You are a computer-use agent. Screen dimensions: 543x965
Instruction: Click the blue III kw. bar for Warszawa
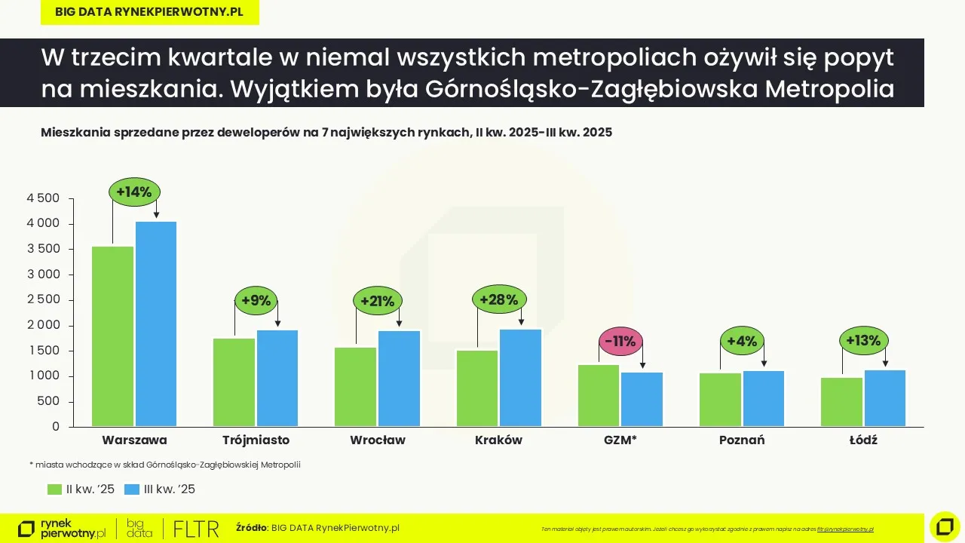pyautogui.click(x=156, y=324)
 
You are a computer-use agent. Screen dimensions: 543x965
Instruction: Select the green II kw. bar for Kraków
pyautogui.click(x=476, y=388)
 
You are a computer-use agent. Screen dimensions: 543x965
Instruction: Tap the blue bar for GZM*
pyautogui.click(x=642, y=399)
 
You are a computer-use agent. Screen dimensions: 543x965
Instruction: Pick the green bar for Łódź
pyautogui.click(x=841, y=401)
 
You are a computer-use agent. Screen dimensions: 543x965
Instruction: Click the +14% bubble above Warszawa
pyautogui.click(x=134, y=192)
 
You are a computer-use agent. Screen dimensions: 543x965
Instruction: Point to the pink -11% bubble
pyautogui.click(x=620, y=342)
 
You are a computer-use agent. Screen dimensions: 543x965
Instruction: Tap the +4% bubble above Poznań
pyautogui.click(x=742, y=341)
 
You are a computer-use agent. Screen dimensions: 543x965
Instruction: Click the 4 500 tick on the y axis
pyautogui.click(x=43, y=198)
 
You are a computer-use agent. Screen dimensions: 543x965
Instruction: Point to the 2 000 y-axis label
pyautogui.click(x=43, y=325)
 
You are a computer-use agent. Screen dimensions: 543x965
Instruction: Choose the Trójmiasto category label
pyautogui.click(x=256, y=440)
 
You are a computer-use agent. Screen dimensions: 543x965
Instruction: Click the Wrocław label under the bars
pyautogui.click(x=378, y=440)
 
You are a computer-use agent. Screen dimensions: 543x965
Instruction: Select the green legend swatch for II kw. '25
pyautogui.click(x=54, y=489)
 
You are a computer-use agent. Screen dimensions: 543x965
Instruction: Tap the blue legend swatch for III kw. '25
pyautogui.click(x=132, y=489)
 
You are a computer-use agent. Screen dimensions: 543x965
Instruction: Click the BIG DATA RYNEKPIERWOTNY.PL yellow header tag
pyautogui.click(x=149, y=12)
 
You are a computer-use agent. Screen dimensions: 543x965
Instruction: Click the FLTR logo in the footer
pyautogui.click(x=196, y=529)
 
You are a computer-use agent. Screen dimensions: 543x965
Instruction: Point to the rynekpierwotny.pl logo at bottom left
pyautogui.click(x=62, y=529)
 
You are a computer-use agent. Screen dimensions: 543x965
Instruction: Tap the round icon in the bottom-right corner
pyautogui.click(x=945, y=526)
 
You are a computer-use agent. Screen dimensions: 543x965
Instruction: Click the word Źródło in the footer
pyautogui.click(x=252, y=528)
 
